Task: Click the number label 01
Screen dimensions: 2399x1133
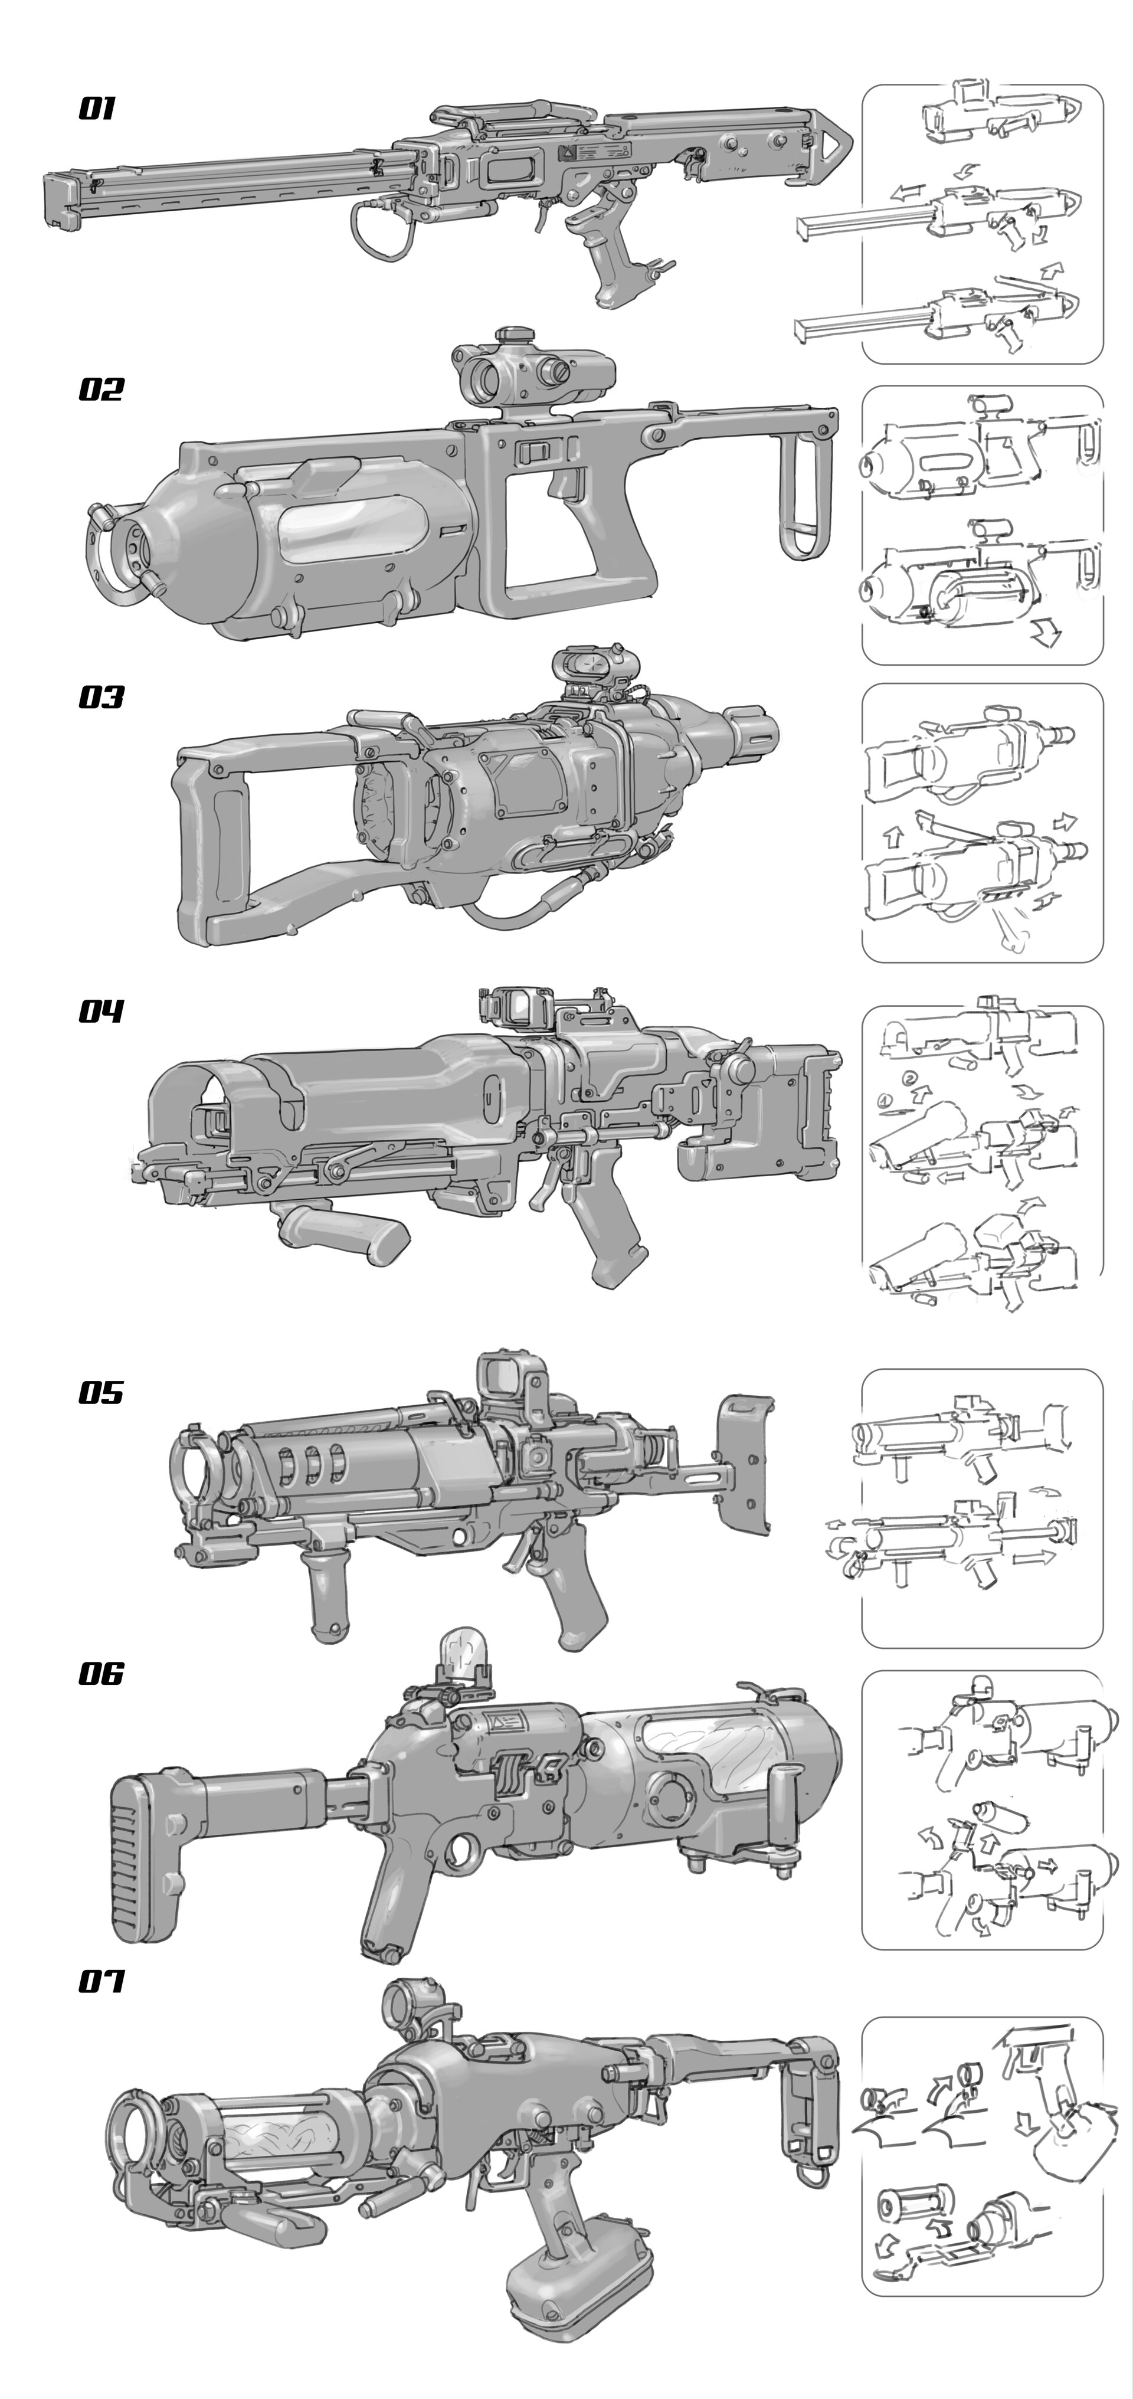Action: point(97,109)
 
